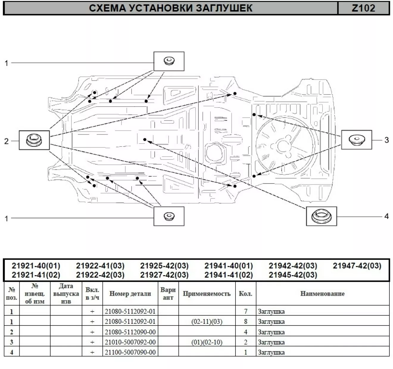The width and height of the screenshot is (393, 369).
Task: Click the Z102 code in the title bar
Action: click(x=364, y=8)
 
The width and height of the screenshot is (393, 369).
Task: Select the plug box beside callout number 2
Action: click(x=34, y=140)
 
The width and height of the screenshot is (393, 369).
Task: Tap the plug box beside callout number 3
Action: click(x=356, y=140)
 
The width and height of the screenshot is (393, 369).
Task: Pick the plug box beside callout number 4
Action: click(x=322, y=216)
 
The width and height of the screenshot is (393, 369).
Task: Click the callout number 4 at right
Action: click(x=386, y=216)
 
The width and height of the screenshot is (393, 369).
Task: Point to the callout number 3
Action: click(x=386, y=140)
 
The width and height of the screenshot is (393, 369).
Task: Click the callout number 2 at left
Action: click(x=6, y=141)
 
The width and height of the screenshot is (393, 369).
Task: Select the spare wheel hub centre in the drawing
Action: click(x=282, y=146)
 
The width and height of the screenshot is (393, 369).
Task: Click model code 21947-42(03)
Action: click(x=357, y=266)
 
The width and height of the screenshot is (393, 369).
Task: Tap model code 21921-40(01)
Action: click(x=36, y=266)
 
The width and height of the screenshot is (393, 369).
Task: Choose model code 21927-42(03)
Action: click(x=164, y=275)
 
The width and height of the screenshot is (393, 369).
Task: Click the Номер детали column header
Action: click(x=130, y=294)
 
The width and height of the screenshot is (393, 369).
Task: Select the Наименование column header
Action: click(x=322, y=294)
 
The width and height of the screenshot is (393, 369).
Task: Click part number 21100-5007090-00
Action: click(x=130, y=352)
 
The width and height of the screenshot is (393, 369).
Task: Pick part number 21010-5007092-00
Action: click(x=130, y=342)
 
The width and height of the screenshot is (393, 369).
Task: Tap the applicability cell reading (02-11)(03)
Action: click(x=207, y=322)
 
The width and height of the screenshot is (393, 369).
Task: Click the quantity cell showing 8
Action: click(x=246, y=322)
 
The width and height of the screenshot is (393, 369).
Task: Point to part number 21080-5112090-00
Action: click(x=130, y=332)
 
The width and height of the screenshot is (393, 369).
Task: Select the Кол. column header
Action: click(x=246, y=294)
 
